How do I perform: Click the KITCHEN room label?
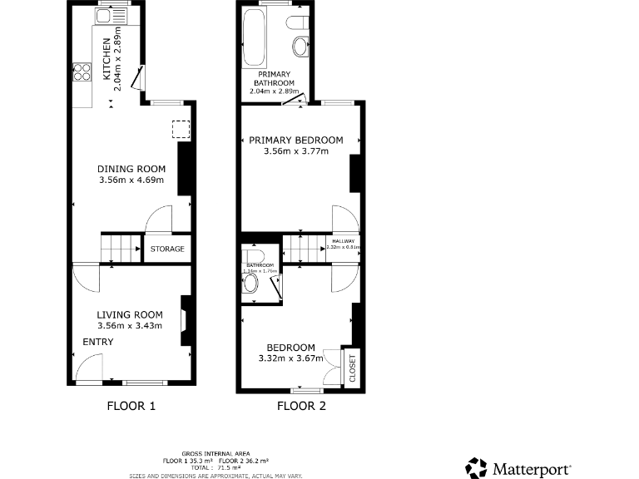(106, 60)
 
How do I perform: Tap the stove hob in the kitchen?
(82, 72)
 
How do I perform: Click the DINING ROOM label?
(131, 169)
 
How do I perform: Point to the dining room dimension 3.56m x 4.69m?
(131, 180)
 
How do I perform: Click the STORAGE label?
(167, 249)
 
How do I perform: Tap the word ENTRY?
(97, 342)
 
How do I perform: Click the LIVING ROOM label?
(129, 314)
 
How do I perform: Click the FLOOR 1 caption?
(131, 407)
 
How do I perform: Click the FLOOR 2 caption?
(301, 407)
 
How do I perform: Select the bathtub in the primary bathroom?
(252, 39)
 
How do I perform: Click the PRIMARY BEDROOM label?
(296, 140)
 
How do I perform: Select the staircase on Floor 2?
(303, 248)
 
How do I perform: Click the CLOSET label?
(352, 368)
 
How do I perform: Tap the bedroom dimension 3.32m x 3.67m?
(290, 358)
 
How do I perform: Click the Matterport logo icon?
(476, 467)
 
